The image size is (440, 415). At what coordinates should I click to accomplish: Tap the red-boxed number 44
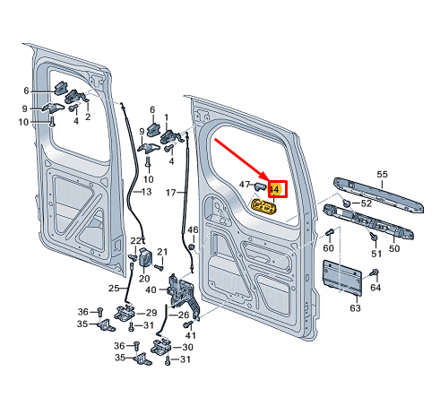pos(275,189)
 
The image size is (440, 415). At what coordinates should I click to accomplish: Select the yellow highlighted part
pos(263,208)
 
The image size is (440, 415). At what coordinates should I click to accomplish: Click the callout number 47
pos(244,184)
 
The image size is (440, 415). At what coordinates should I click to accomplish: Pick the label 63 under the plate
pos(355,308)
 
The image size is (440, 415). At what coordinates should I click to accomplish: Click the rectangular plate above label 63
pos(341,277)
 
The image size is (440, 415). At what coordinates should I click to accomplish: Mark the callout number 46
pos(192,231)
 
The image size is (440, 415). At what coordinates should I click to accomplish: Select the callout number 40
pos(151,290)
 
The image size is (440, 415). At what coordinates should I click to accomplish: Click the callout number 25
pos(114,288)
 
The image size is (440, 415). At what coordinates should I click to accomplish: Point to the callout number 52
pos(366,203)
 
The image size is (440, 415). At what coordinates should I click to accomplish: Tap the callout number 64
pos(375,288)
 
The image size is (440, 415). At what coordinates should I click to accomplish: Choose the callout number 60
pos(328,247)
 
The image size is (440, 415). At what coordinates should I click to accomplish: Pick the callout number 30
pos(186,347)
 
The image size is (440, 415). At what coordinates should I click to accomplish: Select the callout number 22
pos(136,240)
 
